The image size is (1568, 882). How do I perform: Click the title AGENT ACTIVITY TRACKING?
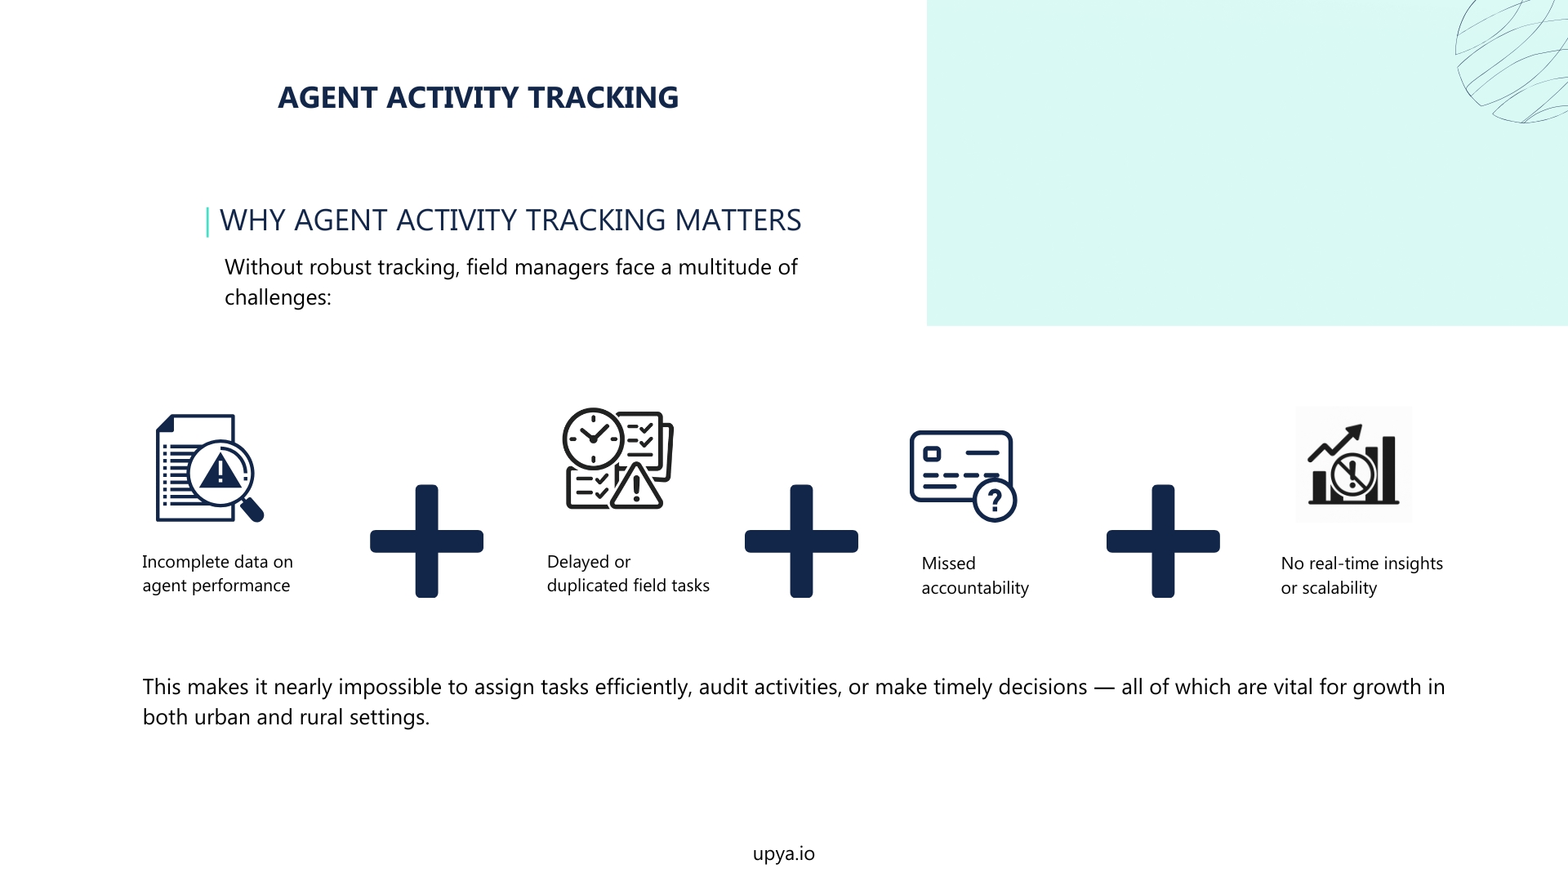pos(478,98)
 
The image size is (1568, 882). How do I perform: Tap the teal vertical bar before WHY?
pos(207,222)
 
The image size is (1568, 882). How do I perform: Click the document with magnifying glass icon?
pos(209,468)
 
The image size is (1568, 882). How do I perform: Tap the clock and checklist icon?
pos(618,459)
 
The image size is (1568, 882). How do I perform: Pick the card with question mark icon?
pos(963,475)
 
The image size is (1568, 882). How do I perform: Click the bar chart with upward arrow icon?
pos(1353,465)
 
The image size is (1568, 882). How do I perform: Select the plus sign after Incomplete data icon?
pos(426,541)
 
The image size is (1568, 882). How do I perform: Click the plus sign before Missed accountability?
pos(801,541)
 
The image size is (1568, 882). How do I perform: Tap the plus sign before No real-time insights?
pos(1163,541)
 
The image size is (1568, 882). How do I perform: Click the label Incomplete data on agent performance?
pos(217,574)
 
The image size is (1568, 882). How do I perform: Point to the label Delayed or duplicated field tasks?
pos(628,574)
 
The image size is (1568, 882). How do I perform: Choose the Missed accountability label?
pos(975,576)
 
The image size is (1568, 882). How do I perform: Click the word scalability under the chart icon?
pos(1339,589)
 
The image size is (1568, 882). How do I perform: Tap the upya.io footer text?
pos(783,854)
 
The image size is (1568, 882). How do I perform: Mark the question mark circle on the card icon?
pos(995,499)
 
